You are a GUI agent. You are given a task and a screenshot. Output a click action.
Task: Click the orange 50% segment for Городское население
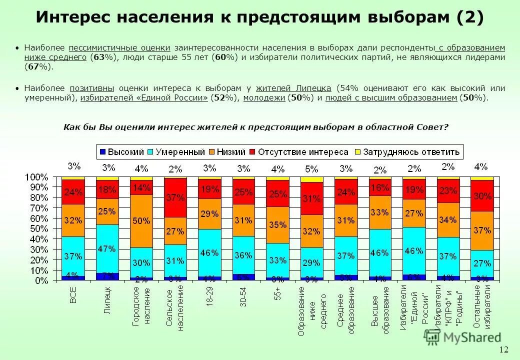(141, 221)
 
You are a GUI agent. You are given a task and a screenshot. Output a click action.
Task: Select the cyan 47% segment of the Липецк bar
(107, 248)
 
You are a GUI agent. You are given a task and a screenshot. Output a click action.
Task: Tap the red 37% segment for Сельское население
(175, 197)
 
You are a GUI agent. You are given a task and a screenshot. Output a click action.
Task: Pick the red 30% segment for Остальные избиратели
(482, 196)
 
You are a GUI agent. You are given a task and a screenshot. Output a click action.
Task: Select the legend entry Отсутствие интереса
(303, 151)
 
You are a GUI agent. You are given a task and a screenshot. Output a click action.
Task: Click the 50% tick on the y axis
(40, 229)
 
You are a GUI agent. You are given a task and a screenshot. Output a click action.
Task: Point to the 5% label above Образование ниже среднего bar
(311, 168)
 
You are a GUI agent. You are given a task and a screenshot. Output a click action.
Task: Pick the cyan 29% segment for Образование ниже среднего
(311, 262)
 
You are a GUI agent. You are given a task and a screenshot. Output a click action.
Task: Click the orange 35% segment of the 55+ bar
(277, 225)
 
